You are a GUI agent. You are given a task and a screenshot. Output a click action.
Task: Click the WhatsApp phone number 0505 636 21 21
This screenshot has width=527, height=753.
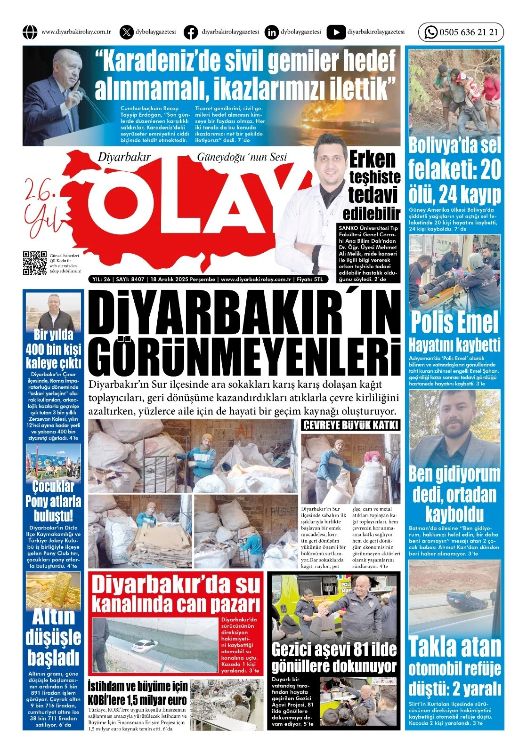[x=468, y=32]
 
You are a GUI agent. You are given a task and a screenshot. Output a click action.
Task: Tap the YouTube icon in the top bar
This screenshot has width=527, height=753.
[x=335, y=32]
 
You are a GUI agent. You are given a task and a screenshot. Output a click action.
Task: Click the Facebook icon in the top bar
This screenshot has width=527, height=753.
[x=191, y=32]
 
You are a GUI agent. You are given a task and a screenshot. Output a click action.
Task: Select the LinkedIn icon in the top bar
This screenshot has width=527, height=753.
[x=271, y=32]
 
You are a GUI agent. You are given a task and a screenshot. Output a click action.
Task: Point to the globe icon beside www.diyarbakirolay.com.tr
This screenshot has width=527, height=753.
[x=30, y=32]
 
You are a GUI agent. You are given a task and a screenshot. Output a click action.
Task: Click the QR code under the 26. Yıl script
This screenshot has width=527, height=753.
[x=34, y=263]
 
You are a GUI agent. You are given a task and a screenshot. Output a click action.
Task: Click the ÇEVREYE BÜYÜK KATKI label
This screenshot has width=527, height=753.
[x=350, y=425]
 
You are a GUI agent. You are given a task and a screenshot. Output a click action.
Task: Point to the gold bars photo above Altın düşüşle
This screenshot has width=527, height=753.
[x=53, y=590]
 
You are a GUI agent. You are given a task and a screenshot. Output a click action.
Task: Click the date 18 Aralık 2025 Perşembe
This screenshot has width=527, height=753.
[x=183, y=279]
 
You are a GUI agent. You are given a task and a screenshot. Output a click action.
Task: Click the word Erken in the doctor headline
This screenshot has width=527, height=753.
[x=372, y=160]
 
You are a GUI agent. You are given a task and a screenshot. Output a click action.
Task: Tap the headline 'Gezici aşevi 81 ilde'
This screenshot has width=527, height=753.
[x=334, y=649]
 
